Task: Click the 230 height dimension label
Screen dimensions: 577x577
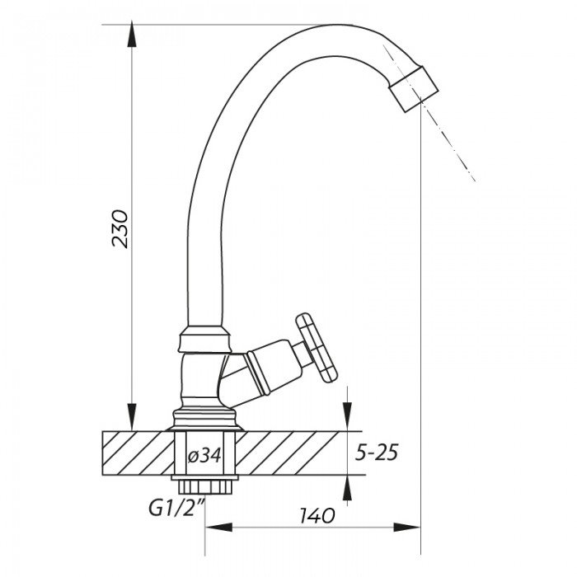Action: [x=120, y=229]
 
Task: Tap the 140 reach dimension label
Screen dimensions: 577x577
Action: [x=317, y=515]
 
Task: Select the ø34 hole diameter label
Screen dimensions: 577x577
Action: [x=204, y=456]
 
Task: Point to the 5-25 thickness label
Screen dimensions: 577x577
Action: [x=376, y=453]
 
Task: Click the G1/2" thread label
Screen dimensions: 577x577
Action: [x=176, y=509]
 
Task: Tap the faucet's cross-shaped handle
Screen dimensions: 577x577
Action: [x=317, y=348]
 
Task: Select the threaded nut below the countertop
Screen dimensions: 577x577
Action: [x=204, y=485]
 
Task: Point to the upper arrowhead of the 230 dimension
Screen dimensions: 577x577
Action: [x=131, y=35]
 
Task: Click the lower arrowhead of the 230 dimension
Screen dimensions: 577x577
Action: [x=131, y=420]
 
